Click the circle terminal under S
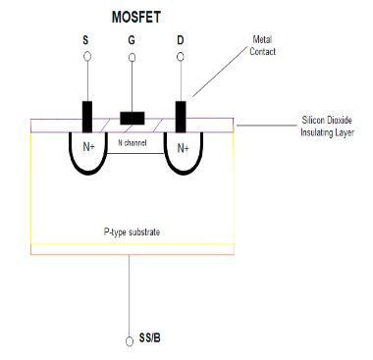click(x=87, y=58)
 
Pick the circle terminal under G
click(x=133, y=58)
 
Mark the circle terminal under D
click(x=179, y=58)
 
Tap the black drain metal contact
click(x=180, y=115)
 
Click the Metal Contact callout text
click(x=262, y=45)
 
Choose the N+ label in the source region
click(x=87, y=149)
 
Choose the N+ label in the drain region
click(x=183, y=149)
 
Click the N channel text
click(x=134, y=143)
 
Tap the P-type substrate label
click(x=132, y=231)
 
